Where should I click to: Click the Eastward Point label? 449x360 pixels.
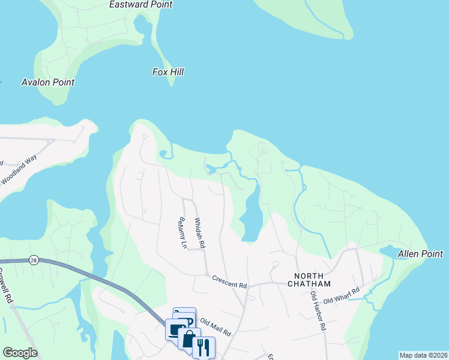(x=140, y=5)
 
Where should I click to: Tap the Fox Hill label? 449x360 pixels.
(x=168, y=72)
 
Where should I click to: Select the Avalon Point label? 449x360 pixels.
(x=47, y=82)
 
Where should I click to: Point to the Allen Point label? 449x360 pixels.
(x=420, y=254)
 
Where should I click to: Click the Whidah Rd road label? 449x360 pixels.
(x=199, y=233)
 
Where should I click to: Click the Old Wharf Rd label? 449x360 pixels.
(x=341, y=296)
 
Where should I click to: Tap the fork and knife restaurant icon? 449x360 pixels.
(x=203, y=347)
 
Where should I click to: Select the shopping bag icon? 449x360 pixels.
(x=189, y=339)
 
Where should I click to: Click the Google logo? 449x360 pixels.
(x=20, y=353)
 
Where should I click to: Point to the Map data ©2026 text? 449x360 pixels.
(x=423, y=355)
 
